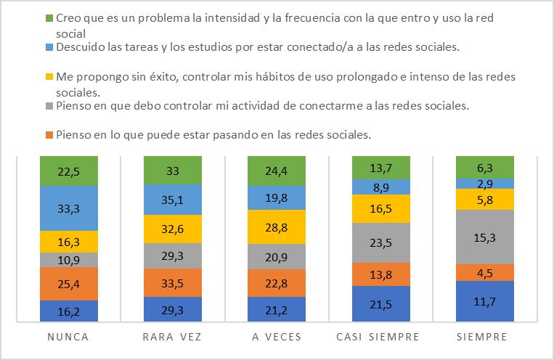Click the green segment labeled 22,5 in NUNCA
click(69, 171)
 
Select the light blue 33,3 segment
click(69, 208)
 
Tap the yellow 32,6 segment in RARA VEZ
click(173, 229)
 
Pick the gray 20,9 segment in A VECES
click(277, 257)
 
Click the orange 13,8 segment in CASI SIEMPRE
click(381, 274)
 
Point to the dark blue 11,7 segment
click(485, 301)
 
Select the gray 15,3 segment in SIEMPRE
click(485, 237)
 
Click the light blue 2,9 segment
click(485, 184)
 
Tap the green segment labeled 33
click(173, 171)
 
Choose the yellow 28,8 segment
click(277, 226)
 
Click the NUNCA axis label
click(68, 337)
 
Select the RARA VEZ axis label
click(172, 337)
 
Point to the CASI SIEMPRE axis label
click(378, 337)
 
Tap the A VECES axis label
click(277, 337)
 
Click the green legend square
click(49, 18)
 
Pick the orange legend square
click(49, 135)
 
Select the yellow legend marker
click(49, 77)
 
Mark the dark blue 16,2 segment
click(69, 311)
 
